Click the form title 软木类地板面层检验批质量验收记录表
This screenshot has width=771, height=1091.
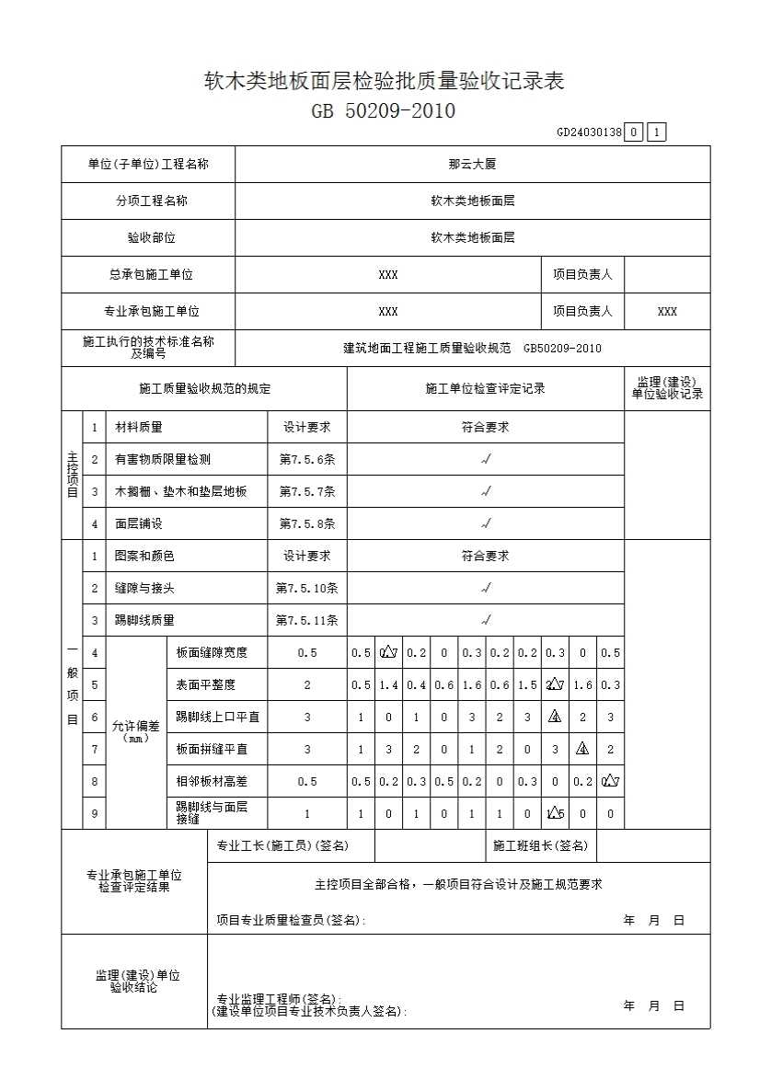click(x=384, y=81)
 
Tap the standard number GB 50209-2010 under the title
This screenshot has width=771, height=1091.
click(x=384, y=112)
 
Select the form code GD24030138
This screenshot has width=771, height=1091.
click(x=589, y=132)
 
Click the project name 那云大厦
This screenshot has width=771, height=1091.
click(x=473, y=165)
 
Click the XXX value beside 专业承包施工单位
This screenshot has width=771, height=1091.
click(x=388, y=312)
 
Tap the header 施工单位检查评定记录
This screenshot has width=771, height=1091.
click(x=485, y=388)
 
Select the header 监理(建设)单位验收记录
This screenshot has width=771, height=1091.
click(x=667, y=388)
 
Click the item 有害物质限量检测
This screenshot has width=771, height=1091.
click(x=162, y=459)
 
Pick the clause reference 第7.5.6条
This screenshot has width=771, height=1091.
click(x=307, y=459)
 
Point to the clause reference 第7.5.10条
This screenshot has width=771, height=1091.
click(x=307, y=588)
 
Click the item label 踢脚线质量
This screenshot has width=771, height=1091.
click(x=144, y=620)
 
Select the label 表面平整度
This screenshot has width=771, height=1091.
click(x=206, y=684)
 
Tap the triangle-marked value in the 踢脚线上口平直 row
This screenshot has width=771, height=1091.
click(x=555, y=718)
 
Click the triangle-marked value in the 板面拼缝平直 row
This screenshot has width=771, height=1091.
click(x=582, y=749)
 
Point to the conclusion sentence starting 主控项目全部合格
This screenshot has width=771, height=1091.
click(x=458, y=884)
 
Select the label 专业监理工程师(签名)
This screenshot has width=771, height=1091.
click(x=278, y=999)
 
